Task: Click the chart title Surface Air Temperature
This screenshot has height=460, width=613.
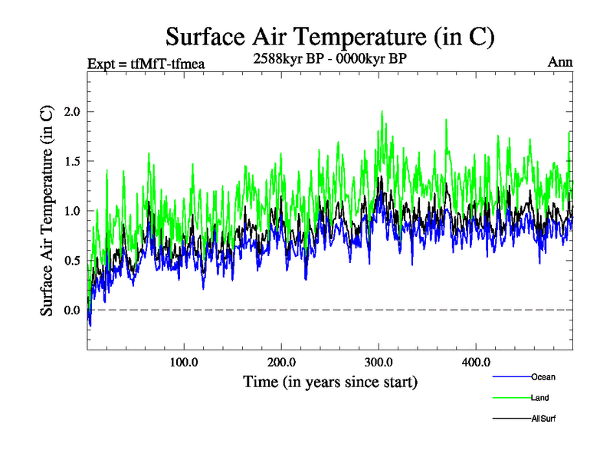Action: [x=330, y=36]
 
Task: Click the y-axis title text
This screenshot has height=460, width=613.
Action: [x=47, y=211]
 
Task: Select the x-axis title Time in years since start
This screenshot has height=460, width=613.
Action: [x=329, y=381]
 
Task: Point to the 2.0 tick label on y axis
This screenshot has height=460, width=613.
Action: [x=71, y=112]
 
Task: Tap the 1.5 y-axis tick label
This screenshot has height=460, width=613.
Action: [x=71, y=162]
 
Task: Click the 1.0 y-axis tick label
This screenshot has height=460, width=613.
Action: [x=71, y=211]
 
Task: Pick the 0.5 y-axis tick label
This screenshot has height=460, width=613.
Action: [x=71, y=261]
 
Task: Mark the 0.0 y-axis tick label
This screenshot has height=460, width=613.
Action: [x=71, y=310]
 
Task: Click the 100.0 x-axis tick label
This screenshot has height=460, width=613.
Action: [x=185, y=362]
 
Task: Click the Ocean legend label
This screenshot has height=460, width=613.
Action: [x=543, y=377]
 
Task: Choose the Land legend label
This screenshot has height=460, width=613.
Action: [x=539, y=398]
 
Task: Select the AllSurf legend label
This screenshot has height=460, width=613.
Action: [x=543, y=419]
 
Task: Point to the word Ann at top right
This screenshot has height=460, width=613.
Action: [x=560, y=62]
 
